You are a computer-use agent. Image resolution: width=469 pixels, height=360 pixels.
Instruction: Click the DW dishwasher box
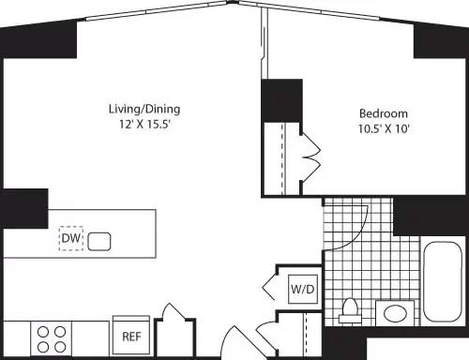[71, 240]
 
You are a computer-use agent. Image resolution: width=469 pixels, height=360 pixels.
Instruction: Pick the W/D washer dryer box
[303, 290]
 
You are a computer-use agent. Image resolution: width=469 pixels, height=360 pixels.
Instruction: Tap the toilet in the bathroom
[352, 308]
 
